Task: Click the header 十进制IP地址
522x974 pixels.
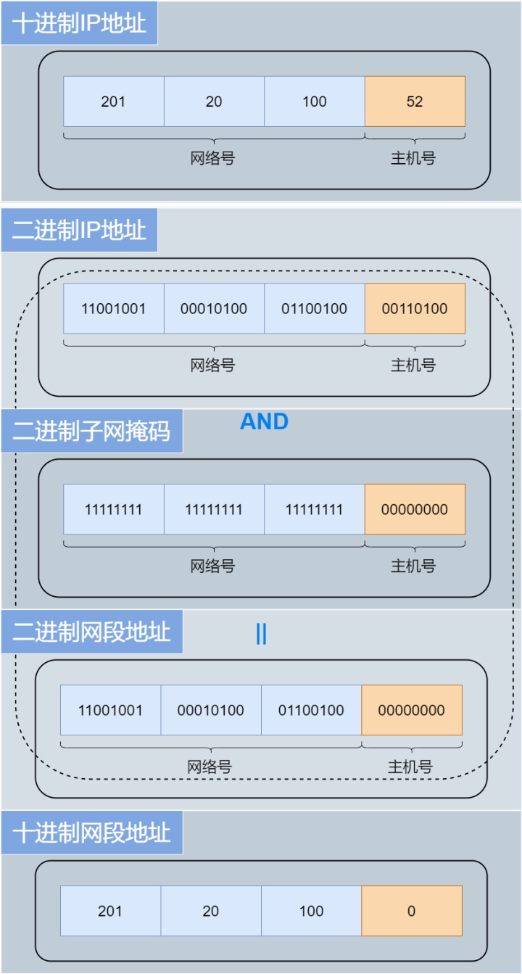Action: [x=79, y=23]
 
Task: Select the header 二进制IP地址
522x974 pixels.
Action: [x=79, y=230]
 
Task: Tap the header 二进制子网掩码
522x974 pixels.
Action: [x=91, y=431]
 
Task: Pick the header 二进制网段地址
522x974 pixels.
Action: [x=91, y=632]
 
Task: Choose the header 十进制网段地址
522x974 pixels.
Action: [x=91, y=833]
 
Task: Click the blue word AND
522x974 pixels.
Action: [x=264, y=421]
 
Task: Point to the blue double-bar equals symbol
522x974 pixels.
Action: [x=261, y=634]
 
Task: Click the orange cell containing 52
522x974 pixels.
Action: [x=415, y=102]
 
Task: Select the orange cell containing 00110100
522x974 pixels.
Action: [x=415, y=309]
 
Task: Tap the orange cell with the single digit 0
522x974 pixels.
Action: [x=412, y=911]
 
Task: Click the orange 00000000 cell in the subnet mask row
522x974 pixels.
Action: [x=415, y=509]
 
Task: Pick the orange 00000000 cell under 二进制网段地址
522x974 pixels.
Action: [x=412, y=710]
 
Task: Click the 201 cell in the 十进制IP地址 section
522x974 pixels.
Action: [x=114, y=102]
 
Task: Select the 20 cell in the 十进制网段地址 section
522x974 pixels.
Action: [x=211, y=911]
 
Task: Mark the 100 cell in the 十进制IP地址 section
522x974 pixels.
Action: [x=315, y=102]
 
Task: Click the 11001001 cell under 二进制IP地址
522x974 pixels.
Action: [x=114, y=309]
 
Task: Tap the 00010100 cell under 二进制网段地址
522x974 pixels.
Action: [x=211, y=710]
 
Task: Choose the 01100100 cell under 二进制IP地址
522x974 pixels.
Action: [x=315, y=309]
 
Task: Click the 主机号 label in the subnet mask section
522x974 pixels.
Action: [x=413, y=566]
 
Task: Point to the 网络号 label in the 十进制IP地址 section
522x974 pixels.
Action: [x=212, y=158]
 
